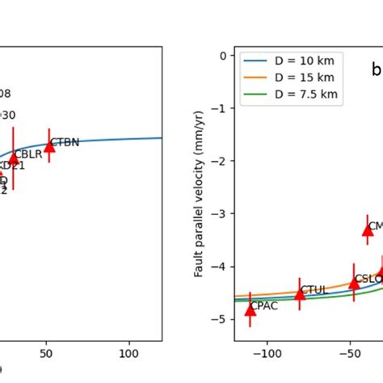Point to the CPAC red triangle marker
click(250, 309)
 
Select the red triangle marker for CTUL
click(300, 294)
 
